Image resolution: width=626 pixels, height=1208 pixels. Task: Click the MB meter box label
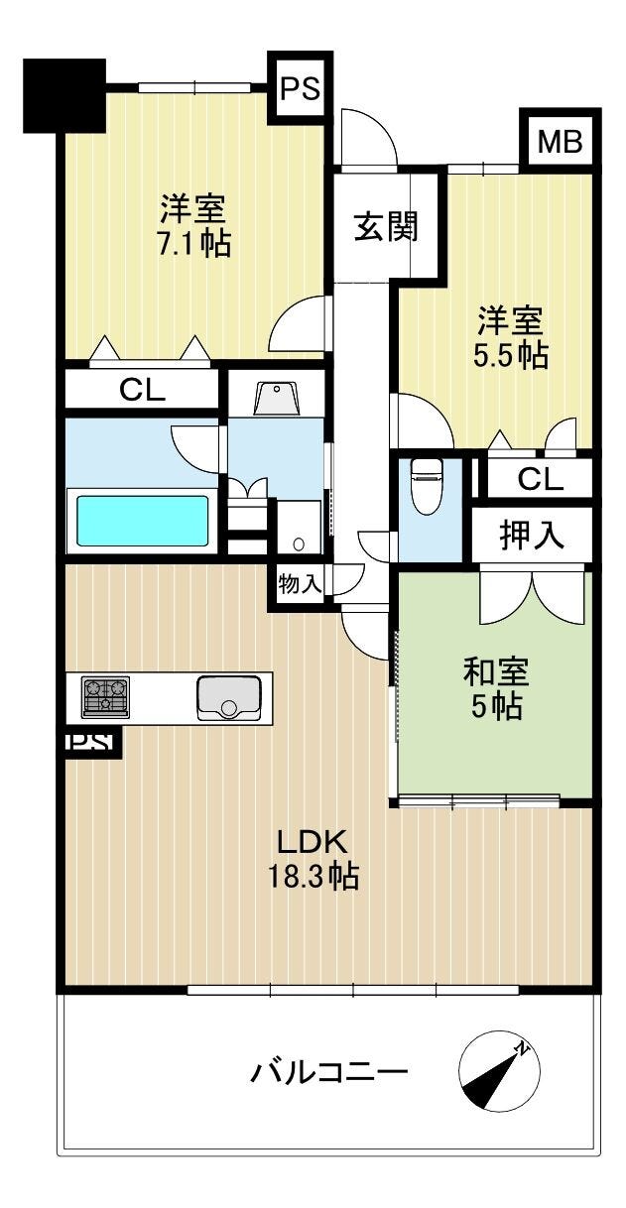[x=561, y=142]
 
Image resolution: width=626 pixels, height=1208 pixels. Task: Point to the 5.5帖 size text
[x=511, y=355]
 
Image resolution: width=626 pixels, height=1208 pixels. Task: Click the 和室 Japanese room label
[x=496, y=672]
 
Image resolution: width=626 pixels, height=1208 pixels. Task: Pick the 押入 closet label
[x=532, y=535]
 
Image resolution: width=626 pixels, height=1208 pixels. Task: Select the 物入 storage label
[x=300, y=583]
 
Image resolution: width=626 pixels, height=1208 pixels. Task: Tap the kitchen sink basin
[x=229, y=698]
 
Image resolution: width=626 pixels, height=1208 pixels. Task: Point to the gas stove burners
[x=106, y=697]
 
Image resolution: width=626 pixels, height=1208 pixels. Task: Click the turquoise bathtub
[x=143, y=521]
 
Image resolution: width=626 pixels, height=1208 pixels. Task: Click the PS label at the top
[x=301, y=88]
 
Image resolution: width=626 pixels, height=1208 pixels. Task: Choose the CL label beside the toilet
[x=541, y=478]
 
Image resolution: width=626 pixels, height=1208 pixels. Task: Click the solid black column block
[x=64, y=95]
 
